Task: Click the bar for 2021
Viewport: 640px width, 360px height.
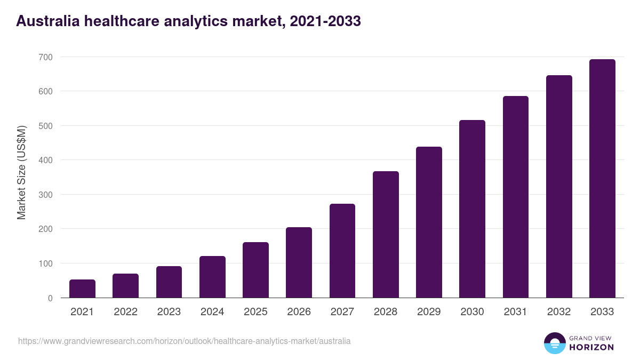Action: [82, 289]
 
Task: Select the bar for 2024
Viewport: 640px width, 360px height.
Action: [212, 277]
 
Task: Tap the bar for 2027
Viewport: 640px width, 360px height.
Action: [342, 251]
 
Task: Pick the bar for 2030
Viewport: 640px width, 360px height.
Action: [473, 209]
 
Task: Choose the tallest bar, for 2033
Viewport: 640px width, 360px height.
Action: [602, 179]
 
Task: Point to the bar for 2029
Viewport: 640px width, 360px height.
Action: [429, 222]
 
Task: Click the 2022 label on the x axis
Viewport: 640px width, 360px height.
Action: [125, 312]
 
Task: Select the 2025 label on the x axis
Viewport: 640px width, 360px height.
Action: [255, 312]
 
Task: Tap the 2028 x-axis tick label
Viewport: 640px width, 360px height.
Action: [386, 312]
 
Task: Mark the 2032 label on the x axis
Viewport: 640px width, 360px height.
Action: [559, 312]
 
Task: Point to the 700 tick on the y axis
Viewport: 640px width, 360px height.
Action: [46, 57]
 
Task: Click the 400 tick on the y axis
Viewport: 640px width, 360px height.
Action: [46, 161]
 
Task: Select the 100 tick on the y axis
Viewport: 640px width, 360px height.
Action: [46, 264]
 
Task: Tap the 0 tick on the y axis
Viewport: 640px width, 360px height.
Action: [50, 298]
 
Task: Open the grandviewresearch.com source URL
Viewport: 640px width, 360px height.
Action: [185, 341]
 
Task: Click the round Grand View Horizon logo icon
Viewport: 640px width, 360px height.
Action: [555, 343]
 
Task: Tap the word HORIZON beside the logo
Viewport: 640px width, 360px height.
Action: [591, 347]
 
